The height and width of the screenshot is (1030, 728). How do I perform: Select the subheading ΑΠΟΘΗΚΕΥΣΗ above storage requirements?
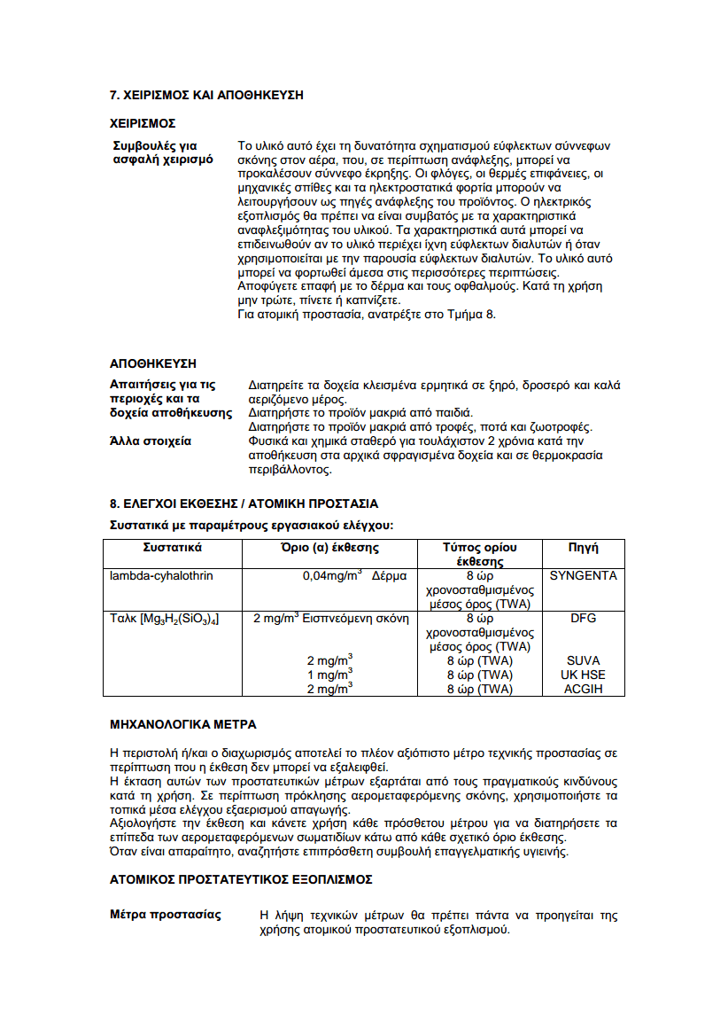(152, 363)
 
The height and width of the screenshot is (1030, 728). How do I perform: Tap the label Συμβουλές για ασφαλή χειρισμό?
(161, 152)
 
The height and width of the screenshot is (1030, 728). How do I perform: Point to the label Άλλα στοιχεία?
(151, 441)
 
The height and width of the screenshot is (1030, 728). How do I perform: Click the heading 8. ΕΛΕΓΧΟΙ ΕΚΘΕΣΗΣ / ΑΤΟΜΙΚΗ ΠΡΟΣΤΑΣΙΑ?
(244, 503)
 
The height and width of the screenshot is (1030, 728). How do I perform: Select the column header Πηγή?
(583, 548)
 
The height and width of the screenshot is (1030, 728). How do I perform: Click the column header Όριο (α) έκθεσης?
(329, 548)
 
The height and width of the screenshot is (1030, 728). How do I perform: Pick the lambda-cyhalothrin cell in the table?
(161, 576)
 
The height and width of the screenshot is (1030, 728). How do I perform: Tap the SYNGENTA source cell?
(583, 576)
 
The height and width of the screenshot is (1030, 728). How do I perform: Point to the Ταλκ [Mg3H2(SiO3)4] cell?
(165, 619)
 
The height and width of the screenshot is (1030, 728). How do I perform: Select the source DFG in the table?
(583, 619)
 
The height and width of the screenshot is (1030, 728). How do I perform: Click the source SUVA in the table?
(583, 660)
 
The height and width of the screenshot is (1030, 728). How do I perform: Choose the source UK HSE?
(583, 675)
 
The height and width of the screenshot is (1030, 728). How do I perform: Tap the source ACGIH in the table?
(583, 689)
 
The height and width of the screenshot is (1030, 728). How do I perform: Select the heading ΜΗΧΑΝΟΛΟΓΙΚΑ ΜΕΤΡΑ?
(183, 724)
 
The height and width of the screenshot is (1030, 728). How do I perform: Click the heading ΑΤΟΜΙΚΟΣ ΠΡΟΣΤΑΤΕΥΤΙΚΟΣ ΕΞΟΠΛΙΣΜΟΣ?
(241, 879)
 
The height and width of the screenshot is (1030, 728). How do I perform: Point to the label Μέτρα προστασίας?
(166, 915)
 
